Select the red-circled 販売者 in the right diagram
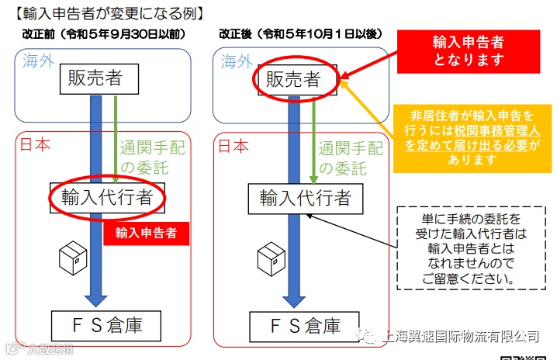pyautogui.click(x=293, y=78)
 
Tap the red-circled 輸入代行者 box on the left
pyautogui.click(x=108, y=199)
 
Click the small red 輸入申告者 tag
pyautogui.click(x=146, y=232)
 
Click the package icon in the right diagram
pyautogui.click(x=271, y=258)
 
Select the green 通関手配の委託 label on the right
pyautogui.click(x=347, y=157)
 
